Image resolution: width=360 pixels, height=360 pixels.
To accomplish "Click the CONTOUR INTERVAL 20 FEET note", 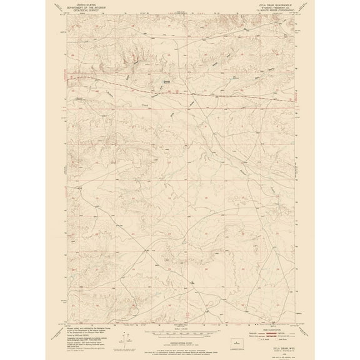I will pos(180,332).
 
